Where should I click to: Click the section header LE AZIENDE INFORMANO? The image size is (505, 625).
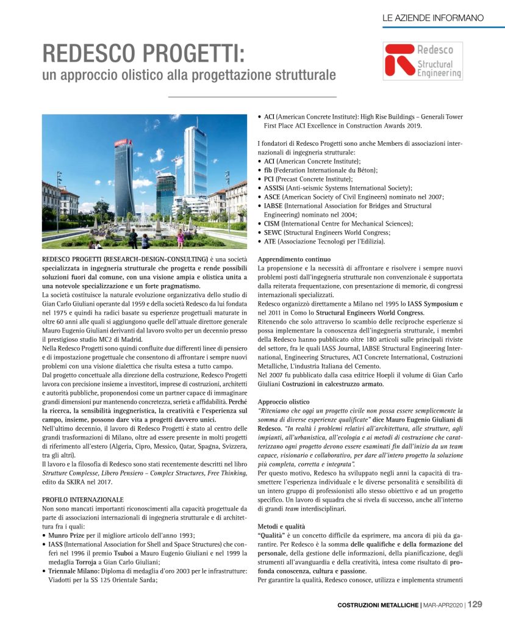click(x=433, y=18)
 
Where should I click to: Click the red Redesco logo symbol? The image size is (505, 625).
click(x=399, y=62)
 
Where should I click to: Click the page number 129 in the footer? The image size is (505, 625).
click(x=476, y=604)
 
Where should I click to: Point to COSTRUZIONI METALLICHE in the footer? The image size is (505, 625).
click(x=378, y=605)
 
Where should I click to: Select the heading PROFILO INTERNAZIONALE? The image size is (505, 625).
click(x=82, y=499)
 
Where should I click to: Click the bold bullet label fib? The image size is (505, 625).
click(x=268, y=170)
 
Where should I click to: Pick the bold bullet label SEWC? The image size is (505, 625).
click(x=273, y=233)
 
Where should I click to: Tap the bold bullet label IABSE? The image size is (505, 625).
click(x=274, y=206)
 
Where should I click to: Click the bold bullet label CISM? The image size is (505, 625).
click(x=272, y=224)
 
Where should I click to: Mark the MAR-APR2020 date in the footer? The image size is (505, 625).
click(x=444, y=605)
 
